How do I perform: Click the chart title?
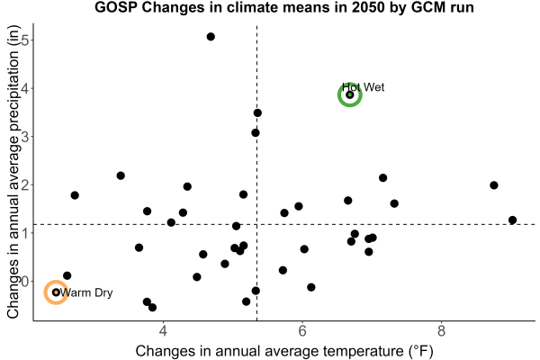coord(284,7)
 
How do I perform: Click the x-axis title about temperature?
coord(284,351)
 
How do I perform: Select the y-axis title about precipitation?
coord(13,172)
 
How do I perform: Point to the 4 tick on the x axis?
coord(163,331)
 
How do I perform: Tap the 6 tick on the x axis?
coord(302,331)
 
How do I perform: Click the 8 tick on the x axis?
coord(441,331)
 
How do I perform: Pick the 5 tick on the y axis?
coord(25,40)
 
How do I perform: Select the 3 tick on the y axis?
coord(25,137)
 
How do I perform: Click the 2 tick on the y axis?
coord(25,184)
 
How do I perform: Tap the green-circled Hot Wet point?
coord(350,94)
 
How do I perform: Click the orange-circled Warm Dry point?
coord(56,292)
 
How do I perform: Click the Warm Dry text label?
coord(86,292)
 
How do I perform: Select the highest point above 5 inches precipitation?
coord(211,37)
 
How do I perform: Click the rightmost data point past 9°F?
coord(512,220)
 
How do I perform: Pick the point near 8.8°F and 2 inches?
coord(494,185)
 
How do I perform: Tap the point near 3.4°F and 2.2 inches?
coord(121,175)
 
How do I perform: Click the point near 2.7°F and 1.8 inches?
coord(75,195)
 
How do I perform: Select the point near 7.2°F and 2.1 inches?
coord(383,178)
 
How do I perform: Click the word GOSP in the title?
coord(116,7)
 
